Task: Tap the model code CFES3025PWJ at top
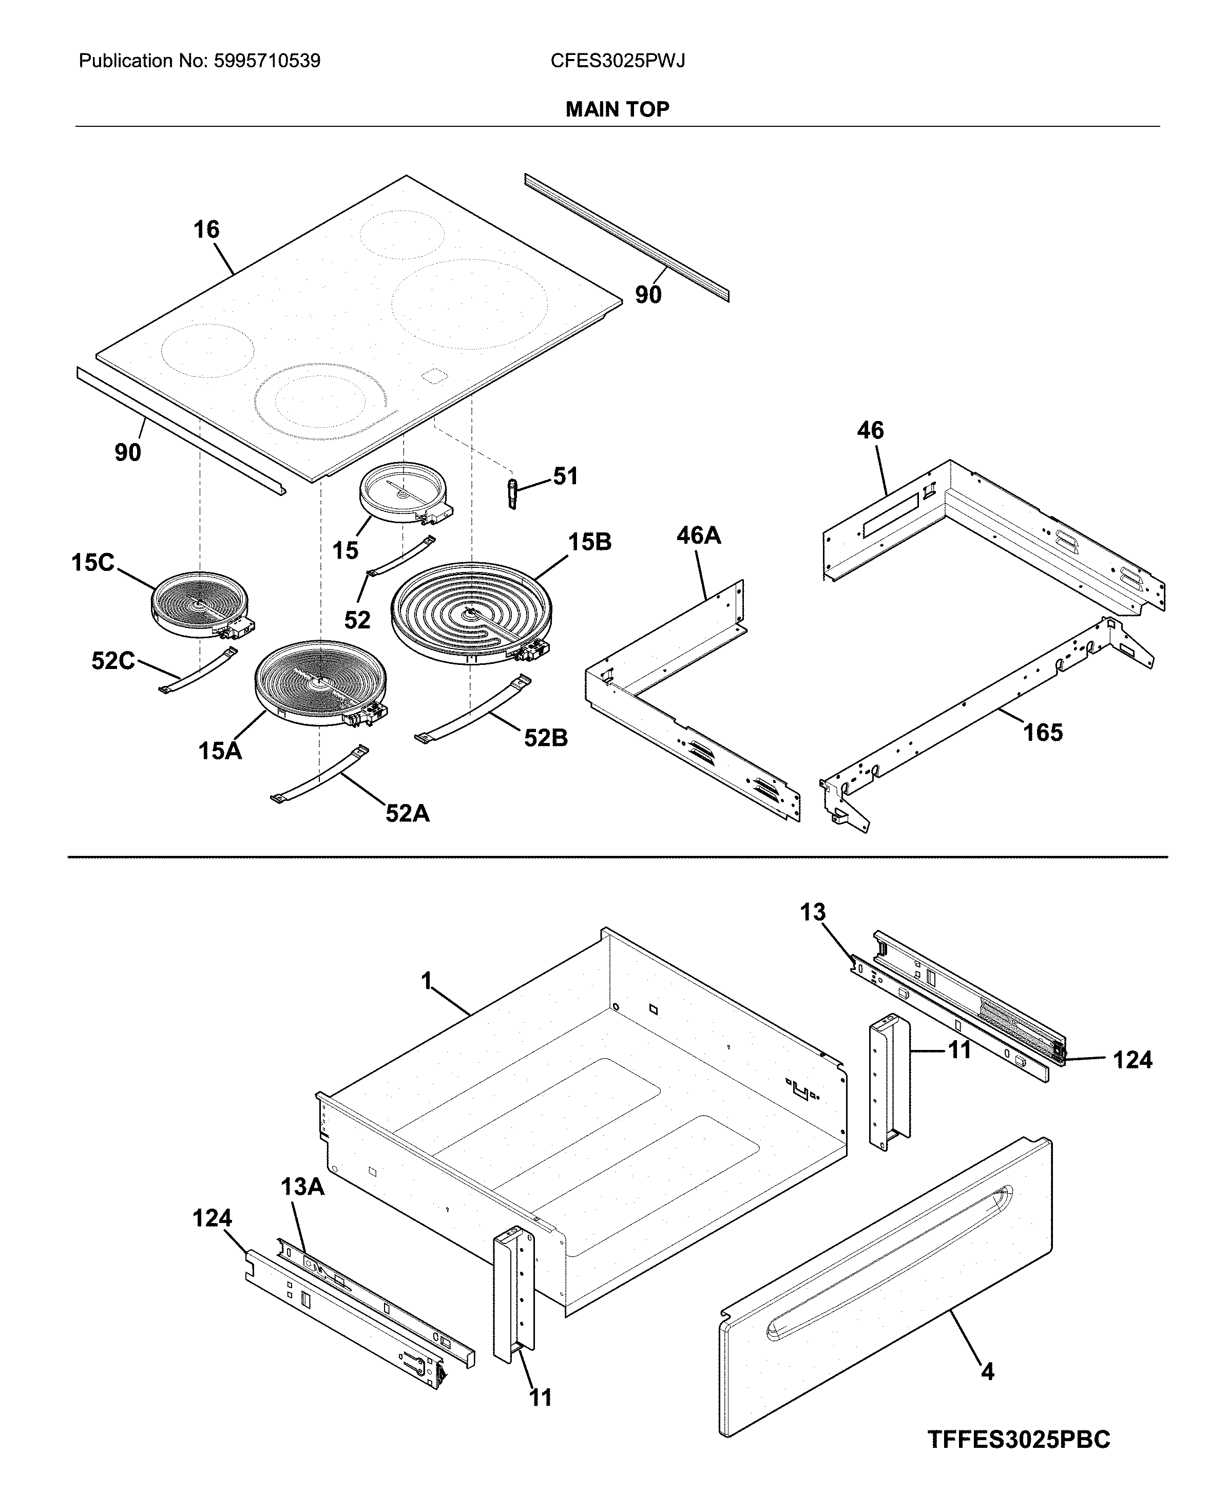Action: click(x=618, y=61)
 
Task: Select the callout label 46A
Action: click(x=698, y=535)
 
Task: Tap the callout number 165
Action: click(x=1043, y=732)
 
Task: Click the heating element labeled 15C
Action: click(x=198, y=607)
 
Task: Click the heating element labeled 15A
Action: click(x=320, y=683)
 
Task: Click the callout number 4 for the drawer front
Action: click(x=988, y=1372)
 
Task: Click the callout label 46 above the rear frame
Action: click(x=870, y=430)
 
